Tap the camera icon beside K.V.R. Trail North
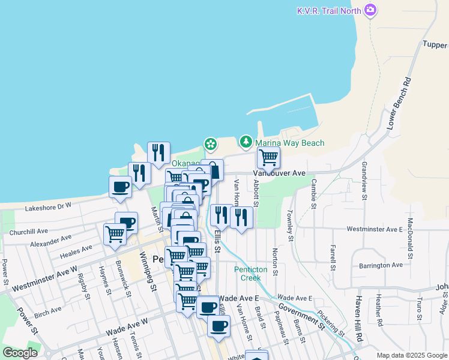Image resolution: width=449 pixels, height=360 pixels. [371, 10]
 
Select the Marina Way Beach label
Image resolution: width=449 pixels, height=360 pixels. [289, 143]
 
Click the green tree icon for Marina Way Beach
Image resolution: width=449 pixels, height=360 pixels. [246, 142]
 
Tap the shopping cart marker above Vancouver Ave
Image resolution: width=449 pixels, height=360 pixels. [268, 158]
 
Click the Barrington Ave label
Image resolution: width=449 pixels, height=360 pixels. [381, 265]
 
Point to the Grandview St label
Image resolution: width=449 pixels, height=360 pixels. [364, 179]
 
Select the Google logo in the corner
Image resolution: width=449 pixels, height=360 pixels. [20, 353]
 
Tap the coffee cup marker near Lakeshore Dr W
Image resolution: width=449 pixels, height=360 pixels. [120, 187]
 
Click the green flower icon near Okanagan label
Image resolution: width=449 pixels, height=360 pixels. [210, 144]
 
